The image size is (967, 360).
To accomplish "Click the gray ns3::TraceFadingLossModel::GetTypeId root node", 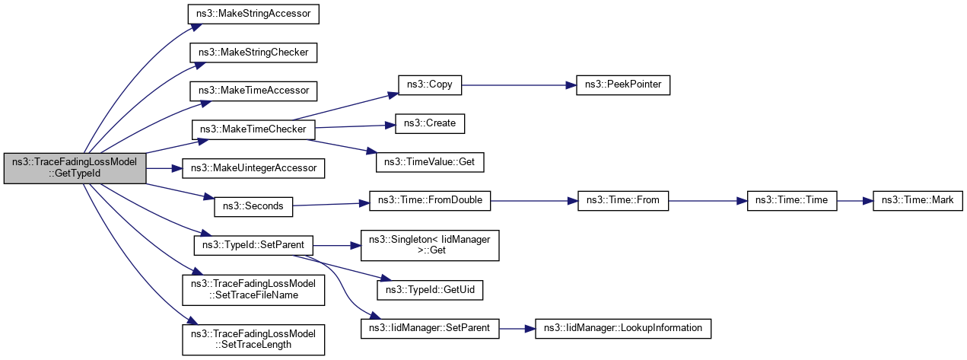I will click(x=75, y=168).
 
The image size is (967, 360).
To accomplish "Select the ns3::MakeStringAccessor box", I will click(x=253, y=14).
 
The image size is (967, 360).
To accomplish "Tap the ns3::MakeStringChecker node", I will click(x=253, y=53).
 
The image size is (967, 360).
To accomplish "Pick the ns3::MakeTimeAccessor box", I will click(x=253, y=91).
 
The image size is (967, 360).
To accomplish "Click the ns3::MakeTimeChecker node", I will click(x=253, y=129).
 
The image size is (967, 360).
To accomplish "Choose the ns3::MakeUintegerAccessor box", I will click(x=253, y=167).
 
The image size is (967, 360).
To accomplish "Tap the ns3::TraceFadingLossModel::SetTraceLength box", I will click(x=253, y=339).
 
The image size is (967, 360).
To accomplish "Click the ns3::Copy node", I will click(x=430, y=84).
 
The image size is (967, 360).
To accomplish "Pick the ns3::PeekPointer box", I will click(x=623, y=84).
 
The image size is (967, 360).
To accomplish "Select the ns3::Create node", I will click(x=429, y=123).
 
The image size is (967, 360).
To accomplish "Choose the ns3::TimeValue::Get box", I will click(x=430, y=161).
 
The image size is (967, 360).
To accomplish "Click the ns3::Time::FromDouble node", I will click(x=430, y=201).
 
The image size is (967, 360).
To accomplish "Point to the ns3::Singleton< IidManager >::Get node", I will click(x=430, y=245).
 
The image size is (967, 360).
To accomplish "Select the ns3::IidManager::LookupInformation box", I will click(x=623, y=328).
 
